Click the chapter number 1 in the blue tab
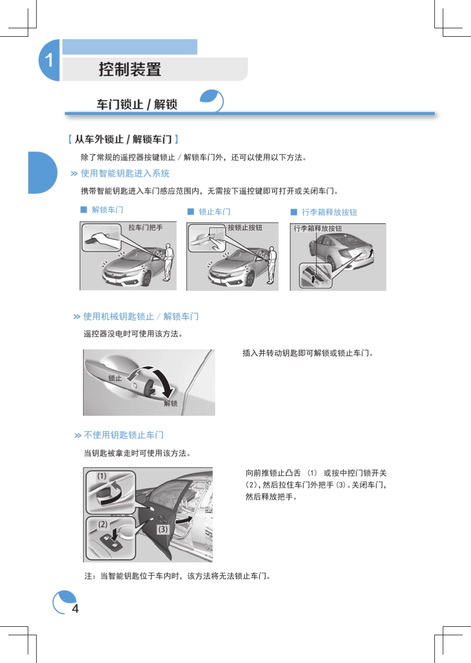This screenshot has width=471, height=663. click(49, 61)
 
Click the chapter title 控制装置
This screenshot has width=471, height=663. click(130, 69)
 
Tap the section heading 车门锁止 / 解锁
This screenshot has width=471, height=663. click(137, 104)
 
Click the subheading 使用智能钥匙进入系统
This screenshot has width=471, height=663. click(125, 173)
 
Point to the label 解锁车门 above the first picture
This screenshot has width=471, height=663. click(107, 210)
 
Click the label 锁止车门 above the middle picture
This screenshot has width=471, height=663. click(214, 212)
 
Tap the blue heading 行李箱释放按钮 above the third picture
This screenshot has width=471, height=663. click(329, 212)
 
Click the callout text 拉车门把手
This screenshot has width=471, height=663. click(145, 227)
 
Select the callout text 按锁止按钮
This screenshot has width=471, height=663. click(245, 227)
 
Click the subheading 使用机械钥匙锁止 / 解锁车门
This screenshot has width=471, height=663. click(141, 317)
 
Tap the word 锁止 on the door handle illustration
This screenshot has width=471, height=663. click(115, 378)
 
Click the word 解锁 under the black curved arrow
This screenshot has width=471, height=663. click(171, 403)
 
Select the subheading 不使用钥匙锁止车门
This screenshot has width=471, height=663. click(123, 435)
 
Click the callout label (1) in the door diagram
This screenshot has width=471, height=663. click(102, 476)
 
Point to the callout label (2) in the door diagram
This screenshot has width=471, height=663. click(103, 524)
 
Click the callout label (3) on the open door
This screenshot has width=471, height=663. click(163, 530)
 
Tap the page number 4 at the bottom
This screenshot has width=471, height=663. click(75, 608)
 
